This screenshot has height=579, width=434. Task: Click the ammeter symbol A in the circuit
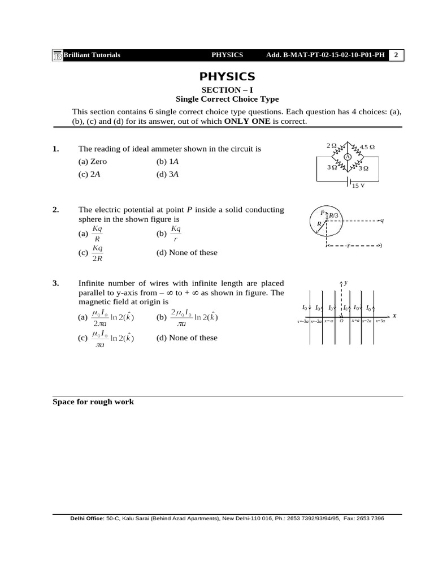[x=348, y=157]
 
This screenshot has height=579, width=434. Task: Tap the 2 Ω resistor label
[x=332, y=146]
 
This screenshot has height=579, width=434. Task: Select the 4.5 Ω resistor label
[x=367, y=147]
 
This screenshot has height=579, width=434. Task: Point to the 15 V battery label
[x=358, y=185]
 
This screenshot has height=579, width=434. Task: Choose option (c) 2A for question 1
[x=89, y=174]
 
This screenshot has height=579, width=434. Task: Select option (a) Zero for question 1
[x=92, y=161]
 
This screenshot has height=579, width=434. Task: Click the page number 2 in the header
[x=396, y=55]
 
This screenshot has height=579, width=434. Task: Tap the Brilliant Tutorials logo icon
[x=57, y=55]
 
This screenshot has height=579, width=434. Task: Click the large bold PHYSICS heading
[x=227, y=77]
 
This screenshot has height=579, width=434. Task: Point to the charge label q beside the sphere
[x=382, y=221]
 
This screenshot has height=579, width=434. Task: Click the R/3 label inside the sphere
[x=333, y=215]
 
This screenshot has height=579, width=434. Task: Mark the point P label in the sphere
[x=322, y=213]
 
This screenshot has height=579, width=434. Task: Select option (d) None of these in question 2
[x=186, y=253]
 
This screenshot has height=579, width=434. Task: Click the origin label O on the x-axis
[x=341, y=321]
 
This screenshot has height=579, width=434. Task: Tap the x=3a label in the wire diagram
[x=380, y=321]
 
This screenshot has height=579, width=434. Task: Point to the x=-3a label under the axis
[x=302, y=321]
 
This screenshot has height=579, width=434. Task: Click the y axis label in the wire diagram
[x=345, y=281]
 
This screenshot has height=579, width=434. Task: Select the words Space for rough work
[x=93, y=402]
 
